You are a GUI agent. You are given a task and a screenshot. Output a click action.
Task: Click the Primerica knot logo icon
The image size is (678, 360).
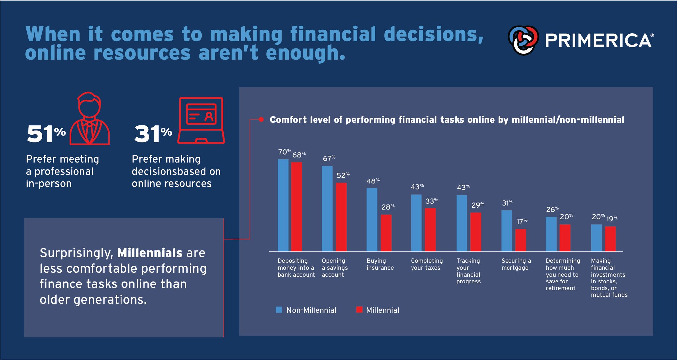(523, 40)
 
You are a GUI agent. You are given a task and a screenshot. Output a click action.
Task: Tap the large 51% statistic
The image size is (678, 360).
(46, 134)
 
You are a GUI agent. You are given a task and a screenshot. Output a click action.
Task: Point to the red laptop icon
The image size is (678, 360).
(201, 121)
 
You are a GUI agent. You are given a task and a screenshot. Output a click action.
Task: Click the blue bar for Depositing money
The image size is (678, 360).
(283, 205)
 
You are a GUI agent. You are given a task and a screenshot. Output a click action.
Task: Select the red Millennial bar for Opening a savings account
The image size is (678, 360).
(341, 217)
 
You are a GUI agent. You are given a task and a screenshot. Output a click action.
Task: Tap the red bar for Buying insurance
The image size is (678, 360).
(386, 232)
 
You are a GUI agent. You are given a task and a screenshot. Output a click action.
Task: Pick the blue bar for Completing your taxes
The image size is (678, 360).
(416, 223)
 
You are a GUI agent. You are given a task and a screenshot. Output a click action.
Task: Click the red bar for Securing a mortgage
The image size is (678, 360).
(520, 240)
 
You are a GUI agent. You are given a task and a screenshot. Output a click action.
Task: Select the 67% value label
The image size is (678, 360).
(329, 159)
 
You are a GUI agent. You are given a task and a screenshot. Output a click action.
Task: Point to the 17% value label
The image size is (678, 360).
(522, 221)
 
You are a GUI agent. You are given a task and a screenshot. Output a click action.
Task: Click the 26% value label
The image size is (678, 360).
(552, 209)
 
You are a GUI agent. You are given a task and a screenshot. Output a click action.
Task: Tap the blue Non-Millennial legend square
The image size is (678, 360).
(279, 310)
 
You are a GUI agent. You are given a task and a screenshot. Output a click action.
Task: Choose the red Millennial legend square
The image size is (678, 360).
(359, 310)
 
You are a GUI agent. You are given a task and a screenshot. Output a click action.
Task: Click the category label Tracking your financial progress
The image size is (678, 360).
(468, 271)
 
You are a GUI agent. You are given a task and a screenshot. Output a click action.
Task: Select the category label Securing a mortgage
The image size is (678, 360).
(516, 264)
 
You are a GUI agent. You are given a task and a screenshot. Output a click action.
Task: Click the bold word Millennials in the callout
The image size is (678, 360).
(150, 253)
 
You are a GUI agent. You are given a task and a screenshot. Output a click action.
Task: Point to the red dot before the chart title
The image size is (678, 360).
(261, 120)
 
